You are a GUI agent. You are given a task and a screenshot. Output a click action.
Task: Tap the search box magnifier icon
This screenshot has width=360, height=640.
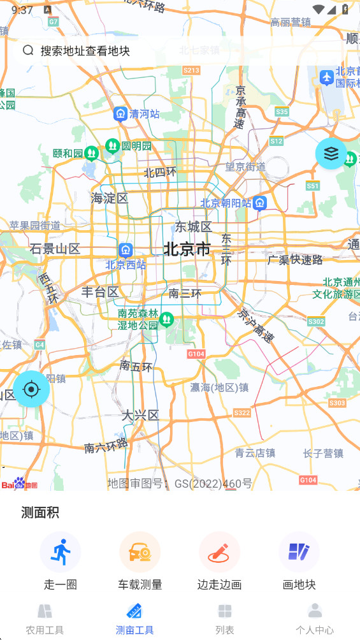pyautogui.click(x=28, y=50)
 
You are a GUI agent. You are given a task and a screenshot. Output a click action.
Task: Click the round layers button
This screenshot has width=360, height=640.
pyautogui.click(x=331, y=154)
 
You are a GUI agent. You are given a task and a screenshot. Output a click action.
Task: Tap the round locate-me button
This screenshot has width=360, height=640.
pyautogui.click(x=31, y=388)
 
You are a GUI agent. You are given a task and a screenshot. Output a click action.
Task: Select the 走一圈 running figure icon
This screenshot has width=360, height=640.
pyautogui.click(x=61, y=551)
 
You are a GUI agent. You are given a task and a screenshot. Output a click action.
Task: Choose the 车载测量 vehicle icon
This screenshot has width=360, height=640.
pyautogui.click(x=140, y=551)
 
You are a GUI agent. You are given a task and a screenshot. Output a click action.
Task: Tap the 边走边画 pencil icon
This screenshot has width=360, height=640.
pyautogui.click(x=219, y=551)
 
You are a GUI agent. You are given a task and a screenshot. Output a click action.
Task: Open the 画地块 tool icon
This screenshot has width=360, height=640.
pyautogui.click(x=299, y=551)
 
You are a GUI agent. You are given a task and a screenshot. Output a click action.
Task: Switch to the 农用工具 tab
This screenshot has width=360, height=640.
pyautogui.click(x=45, y=619)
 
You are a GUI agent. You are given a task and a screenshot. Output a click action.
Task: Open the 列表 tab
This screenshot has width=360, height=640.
pyautogui.click(x=225, y=619)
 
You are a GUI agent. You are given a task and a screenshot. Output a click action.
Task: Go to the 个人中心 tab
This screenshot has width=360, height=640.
pyautogui.click(x=315, y=619)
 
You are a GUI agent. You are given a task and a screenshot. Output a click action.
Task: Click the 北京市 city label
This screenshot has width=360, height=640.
pyautogui.click(x=187, y=249)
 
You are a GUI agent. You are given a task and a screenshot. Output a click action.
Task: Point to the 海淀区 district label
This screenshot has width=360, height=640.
pyautogui.click(x=110, y=198)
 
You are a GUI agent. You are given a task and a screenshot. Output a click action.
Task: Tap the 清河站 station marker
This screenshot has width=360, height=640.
pyautogui.click(x=120, y=114)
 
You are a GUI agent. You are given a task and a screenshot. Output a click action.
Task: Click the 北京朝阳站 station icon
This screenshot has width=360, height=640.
pyautogui.click(x=259, y=203)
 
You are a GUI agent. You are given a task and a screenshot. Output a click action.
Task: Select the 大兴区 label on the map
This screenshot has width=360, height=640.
pyautogui.click(x=140, y=416)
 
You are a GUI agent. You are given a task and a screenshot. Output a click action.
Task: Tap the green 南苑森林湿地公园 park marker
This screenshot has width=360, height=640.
pyautogui.click(x=166, y=319)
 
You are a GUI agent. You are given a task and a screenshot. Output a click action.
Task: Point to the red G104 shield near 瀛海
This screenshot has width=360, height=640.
pyautogui.click(x=196, y=354)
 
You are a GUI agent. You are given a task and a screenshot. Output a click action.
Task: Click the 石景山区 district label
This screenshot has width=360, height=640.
pyautogui.click(x=55, y=249)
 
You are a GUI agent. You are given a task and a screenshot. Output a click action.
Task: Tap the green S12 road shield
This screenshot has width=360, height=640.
pyautogui.click(x=276, y=141)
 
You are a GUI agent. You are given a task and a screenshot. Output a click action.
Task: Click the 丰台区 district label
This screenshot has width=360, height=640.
pyautogui.click(x=100, y=292)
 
